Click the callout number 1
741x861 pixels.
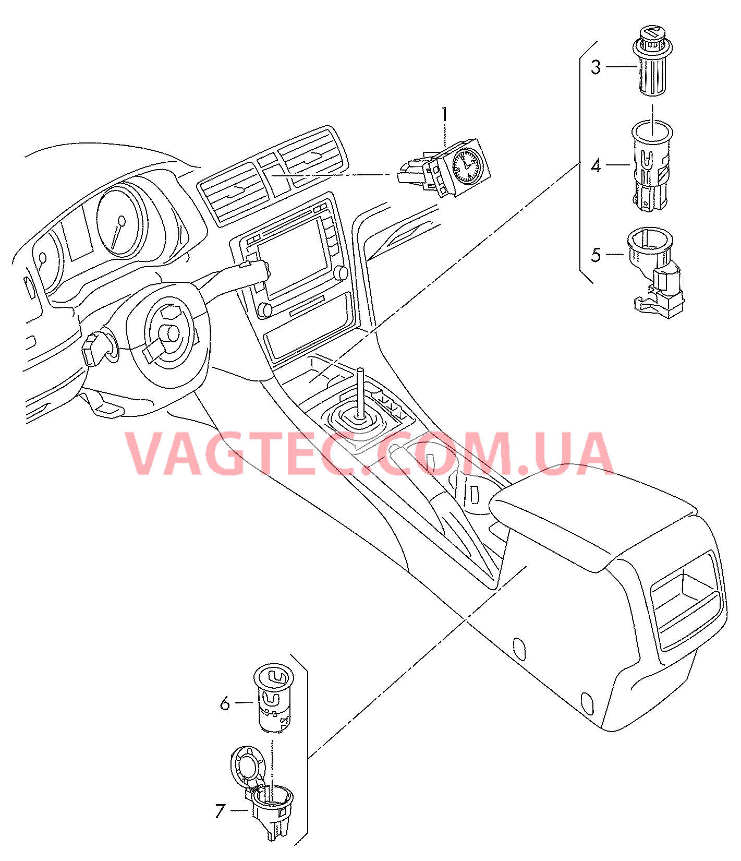[x=444, y=114]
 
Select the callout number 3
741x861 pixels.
[x=596, y=67]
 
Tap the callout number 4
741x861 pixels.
[x=596, y=165]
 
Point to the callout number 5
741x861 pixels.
[x=596, y=255]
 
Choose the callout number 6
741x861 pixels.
[x=225, y=703]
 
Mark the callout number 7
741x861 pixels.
[x=220, y=811]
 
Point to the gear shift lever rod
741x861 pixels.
[x=360, y=393]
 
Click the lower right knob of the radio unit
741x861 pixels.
[x=341, y=272]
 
